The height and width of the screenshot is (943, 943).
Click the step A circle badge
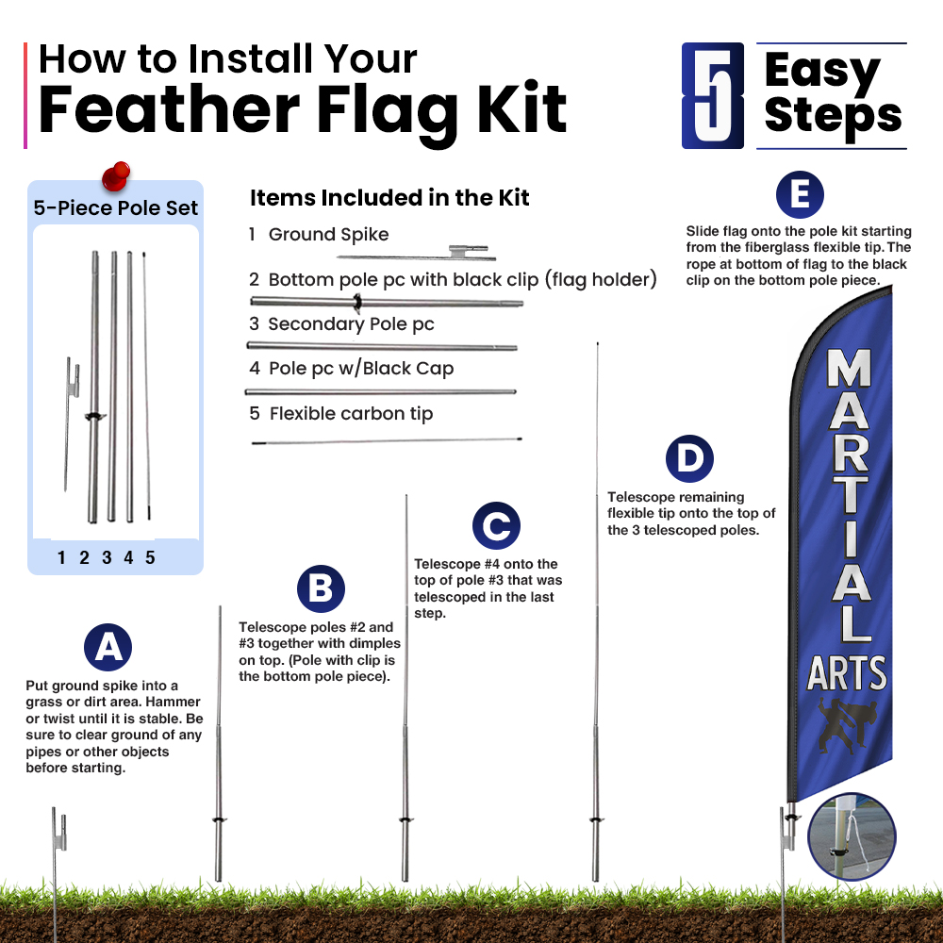click(x=108, y=647)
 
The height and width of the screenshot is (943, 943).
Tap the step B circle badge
click(x=321, y=588)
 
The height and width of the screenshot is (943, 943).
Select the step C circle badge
click(x=496, y=525)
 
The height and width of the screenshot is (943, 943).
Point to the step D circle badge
click(x=689, y=458)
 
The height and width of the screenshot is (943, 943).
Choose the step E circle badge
click(x=800, y=195)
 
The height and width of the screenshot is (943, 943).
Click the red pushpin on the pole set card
click(x=116, y=176)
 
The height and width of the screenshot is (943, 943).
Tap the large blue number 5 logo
click(x=713, y=95)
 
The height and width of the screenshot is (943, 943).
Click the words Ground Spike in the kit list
click(x=328, y=234)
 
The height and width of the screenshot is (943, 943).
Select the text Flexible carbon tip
click(x=351, y=414)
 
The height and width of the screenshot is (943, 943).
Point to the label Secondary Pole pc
click(x=351, y=324)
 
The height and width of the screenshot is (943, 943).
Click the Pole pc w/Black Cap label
click(x=361, y=368)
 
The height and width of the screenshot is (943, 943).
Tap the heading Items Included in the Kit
click(x=389, y=198)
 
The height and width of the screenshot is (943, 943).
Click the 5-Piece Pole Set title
click(x=115, y=208)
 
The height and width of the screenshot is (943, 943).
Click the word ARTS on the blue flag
click(x=847, y=673)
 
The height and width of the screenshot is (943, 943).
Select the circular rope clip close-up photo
click(x=852, y=836)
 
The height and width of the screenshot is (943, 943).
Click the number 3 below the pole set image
click(x=107, y=557)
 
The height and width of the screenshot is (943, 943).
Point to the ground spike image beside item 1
click(x=416, y=253)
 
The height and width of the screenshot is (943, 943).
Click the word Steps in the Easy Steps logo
click(x=833, y=117)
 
